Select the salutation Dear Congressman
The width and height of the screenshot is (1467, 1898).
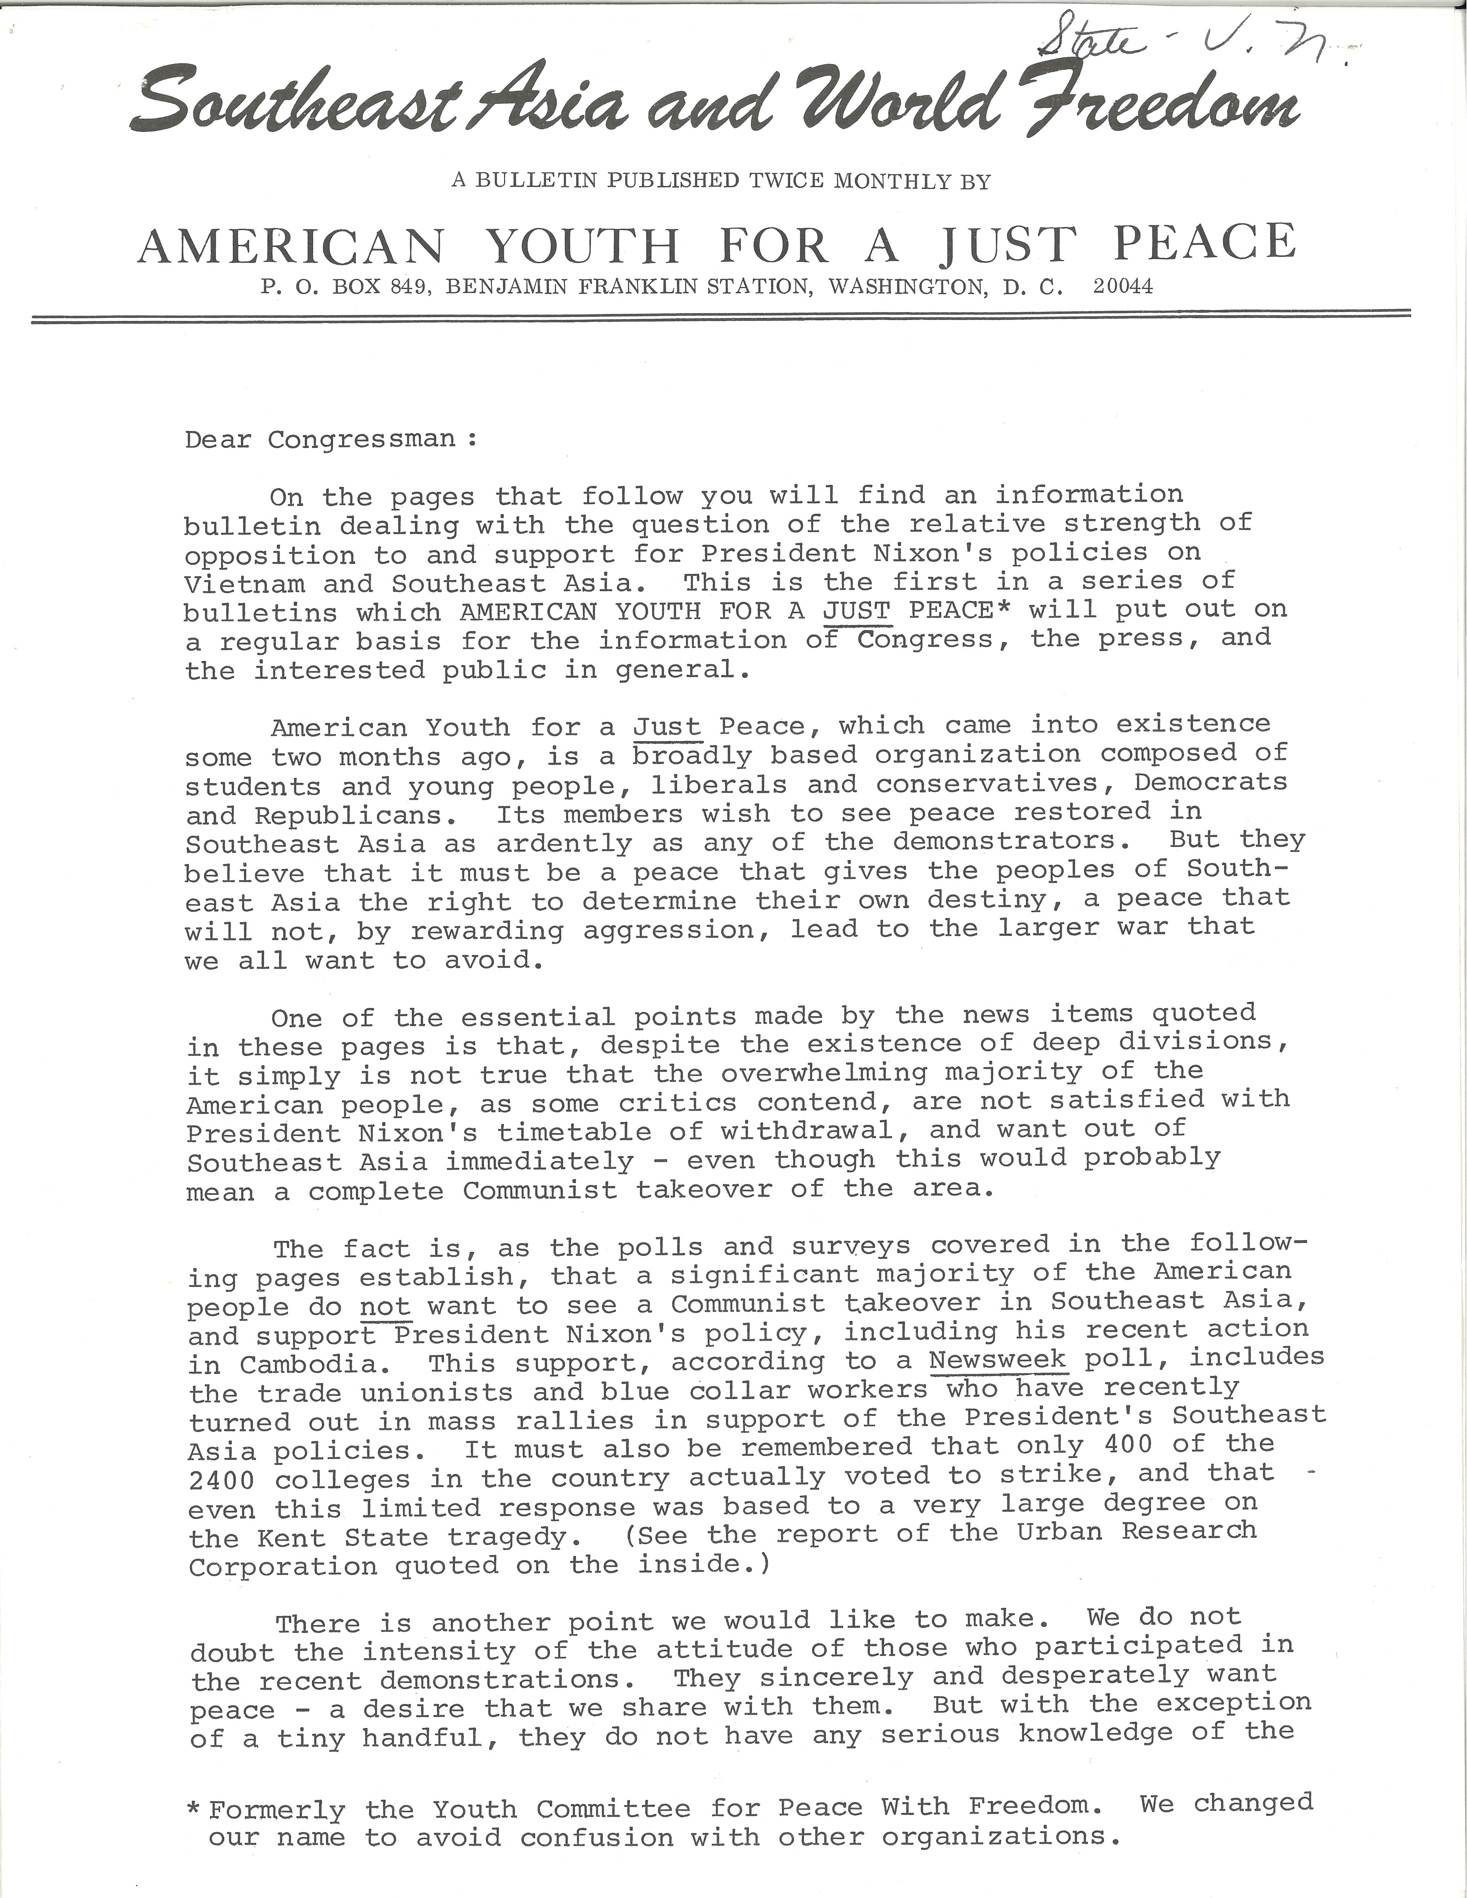330,439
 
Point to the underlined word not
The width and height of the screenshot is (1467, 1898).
384,1306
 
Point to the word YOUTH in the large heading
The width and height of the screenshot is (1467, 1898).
581,246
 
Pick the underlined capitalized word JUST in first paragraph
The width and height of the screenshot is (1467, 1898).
857,610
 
